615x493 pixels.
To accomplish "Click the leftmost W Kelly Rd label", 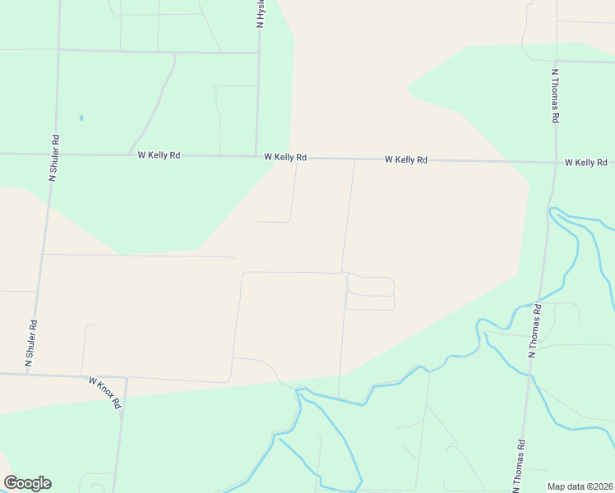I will coord(159,154).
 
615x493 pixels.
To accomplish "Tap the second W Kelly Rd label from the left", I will coord(285,156).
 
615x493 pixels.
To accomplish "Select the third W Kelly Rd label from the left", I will coord(406,159).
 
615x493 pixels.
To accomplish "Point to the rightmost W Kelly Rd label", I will coord(585,163).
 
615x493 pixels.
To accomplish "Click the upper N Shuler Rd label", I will coord(55,158).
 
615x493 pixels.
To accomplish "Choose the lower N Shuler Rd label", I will coord(32,343).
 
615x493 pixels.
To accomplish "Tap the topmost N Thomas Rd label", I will coord(556,95).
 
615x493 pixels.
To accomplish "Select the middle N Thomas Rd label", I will coord(535,331).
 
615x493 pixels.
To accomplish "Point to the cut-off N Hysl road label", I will coord(260,14).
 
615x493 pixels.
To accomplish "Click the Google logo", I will coord(28,483).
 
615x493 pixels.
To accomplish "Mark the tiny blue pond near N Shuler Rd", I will coord(81,117).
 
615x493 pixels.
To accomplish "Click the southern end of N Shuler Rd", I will coord(27,374).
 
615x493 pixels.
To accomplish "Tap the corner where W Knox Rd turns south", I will coord(126,378).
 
